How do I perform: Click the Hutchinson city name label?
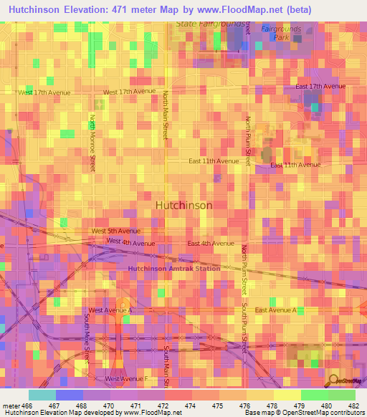click(x=183, y=205)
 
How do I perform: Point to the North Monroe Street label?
click(x=92, y=142)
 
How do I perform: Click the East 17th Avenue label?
click(x=319, y=87)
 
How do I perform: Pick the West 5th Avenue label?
click(x=116, y=231)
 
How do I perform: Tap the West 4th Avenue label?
click(x=130, y=241)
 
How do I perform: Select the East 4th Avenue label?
click(x=211, y=244)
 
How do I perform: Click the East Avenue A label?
click(x=276, y=310)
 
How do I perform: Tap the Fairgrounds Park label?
click(x=281, y=32)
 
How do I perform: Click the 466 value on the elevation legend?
click(x=28, y=405)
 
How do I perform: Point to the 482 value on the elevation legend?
click(x=352, y=405)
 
